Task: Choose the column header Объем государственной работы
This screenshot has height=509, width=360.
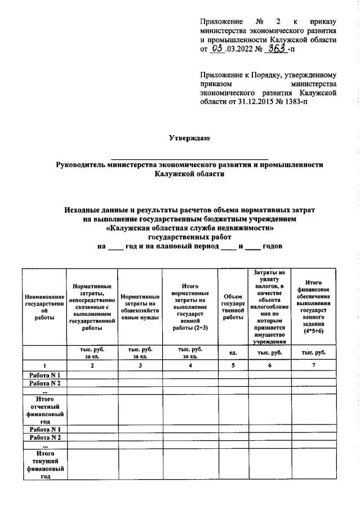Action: point(233,306)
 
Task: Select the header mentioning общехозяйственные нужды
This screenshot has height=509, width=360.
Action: point(140,306)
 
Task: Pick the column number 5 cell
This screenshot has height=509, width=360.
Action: point(233,365)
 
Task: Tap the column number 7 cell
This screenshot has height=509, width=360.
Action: point(313,365)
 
